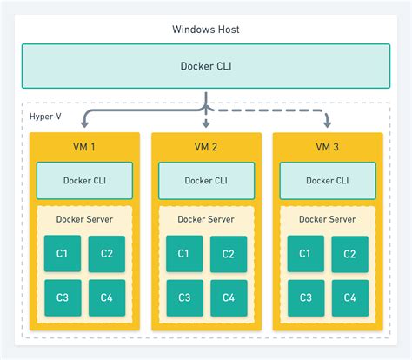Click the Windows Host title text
click(206, 30)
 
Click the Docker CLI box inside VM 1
click(84, 181)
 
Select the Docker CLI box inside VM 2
click(206, 181)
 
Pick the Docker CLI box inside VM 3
click(328, 181)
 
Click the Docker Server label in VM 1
click(84, 219)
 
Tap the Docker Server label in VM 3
click(328, 219)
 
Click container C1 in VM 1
click(63, 254)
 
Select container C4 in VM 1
click(107, 297)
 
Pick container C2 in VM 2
click(229, 254)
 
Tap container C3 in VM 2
click(184, 297)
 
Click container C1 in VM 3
click(306, 254)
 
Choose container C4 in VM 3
click(350, 297)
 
